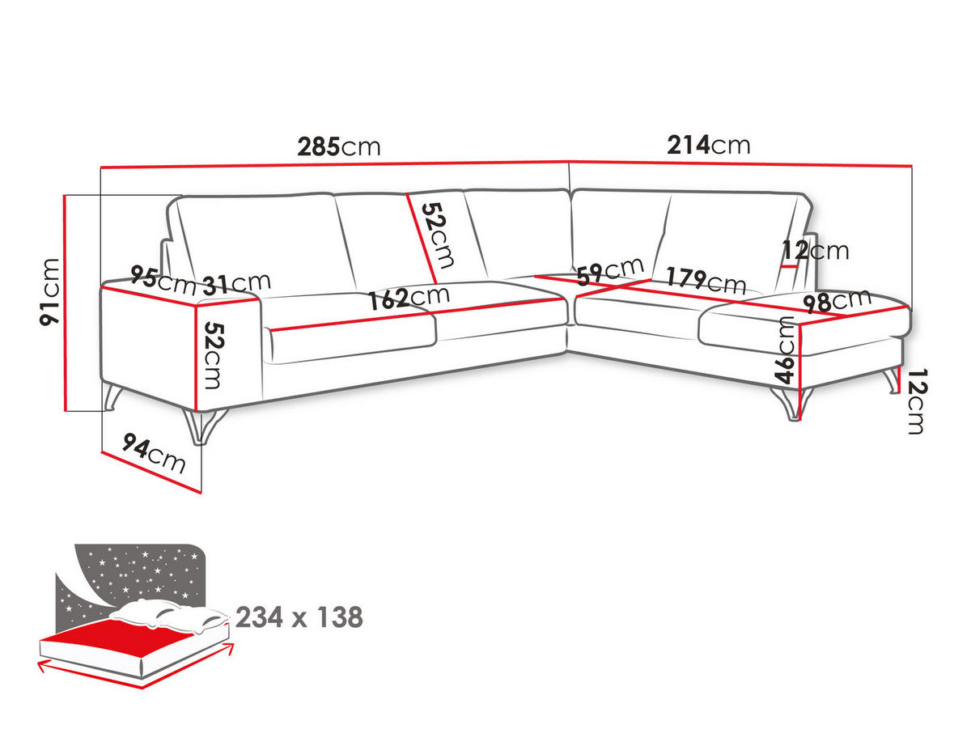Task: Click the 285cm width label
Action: [x=338, y=147]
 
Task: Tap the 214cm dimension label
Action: [x=708, y=146]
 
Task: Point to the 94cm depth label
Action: [x=154, y=454]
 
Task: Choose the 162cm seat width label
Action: [x=409, y=297]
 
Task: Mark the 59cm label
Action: [x=610, y=270]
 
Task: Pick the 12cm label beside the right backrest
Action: [x=816, y=251]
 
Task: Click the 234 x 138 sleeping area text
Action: [x=299, y=618]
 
